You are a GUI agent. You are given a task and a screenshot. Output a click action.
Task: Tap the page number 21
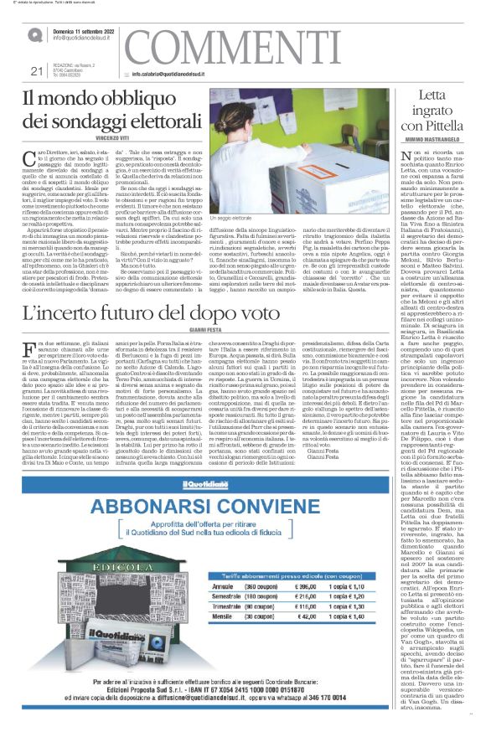pyautogui.click(x=34, y=71)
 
